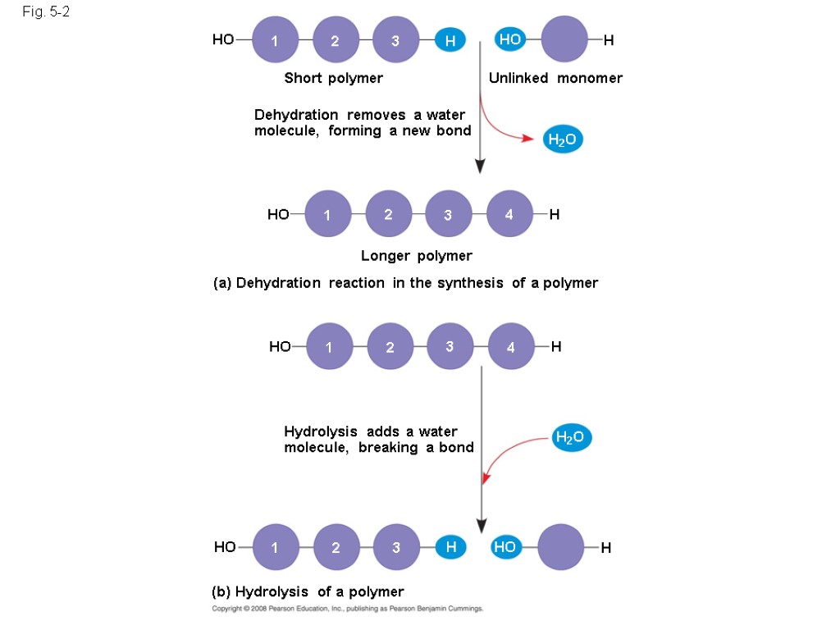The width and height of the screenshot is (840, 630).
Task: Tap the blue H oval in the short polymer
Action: coord(450,40)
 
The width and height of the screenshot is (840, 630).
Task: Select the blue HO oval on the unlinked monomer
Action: coord(510,39)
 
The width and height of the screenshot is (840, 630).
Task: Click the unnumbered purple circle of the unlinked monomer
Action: coord(564,39)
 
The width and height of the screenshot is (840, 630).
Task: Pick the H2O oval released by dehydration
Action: coord(562,140)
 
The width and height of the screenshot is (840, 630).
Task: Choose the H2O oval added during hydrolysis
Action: coord(569,437)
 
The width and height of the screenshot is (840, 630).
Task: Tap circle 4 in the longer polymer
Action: coord(509,214)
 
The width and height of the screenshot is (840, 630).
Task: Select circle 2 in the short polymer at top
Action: coord(335,40)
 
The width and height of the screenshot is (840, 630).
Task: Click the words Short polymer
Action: coord(333,78)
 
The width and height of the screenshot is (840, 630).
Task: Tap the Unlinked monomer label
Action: coord(555,78)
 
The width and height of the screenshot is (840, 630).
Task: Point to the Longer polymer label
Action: coord(417,256)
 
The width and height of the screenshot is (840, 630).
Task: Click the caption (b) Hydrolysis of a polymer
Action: coord(308,591)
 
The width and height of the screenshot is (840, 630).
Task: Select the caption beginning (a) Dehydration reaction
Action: coord(405,283)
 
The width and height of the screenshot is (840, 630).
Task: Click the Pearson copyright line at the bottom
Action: coord(348,609)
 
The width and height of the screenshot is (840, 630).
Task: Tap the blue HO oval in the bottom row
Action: coord(504,547)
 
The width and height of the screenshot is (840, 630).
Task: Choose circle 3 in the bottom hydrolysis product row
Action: coord(396,547)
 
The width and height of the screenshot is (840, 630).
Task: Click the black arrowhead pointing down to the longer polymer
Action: coord(480,166)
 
